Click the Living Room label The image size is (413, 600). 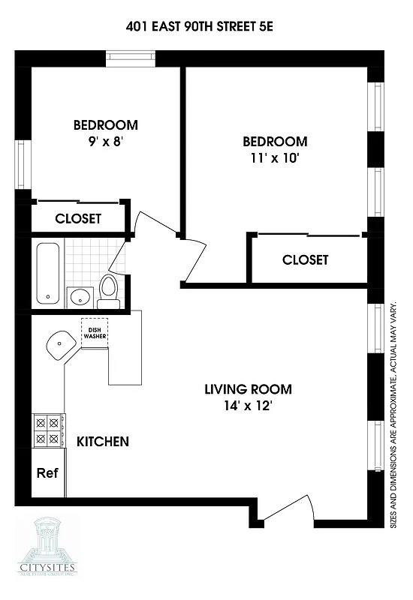point(248,390)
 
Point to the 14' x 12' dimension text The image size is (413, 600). point(248,407)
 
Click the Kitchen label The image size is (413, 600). point(103,442)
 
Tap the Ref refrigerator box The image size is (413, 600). point(47,473)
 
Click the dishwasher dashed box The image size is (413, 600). point(95,332)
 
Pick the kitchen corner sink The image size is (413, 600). point(59,346)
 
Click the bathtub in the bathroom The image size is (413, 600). point(49,274)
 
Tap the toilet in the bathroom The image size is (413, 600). point(109,291)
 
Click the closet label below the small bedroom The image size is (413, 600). point(78,219)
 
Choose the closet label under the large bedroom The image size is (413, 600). point(305,260)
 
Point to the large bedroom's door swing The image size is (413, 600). point(194,255)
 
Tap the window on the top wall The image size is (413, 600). point(131,57)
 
